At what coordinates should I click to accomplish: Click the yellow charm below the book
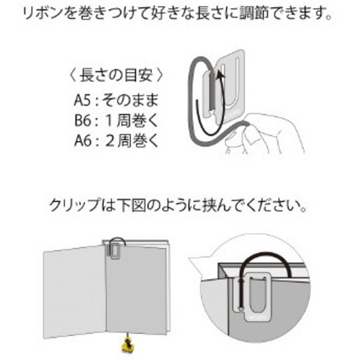tap(127, 346)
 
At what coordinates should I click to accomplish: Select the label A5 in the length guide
tap(82, 100)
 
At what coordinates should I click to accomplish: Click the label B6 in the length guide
tap(83, 120)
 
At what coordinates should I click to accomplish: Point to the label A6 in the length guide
tap(83, 140)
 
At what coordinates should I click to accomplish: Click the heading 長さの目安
tap(116, 76)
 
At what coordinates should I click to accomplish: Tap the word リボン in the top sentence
tap(40, 13)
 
